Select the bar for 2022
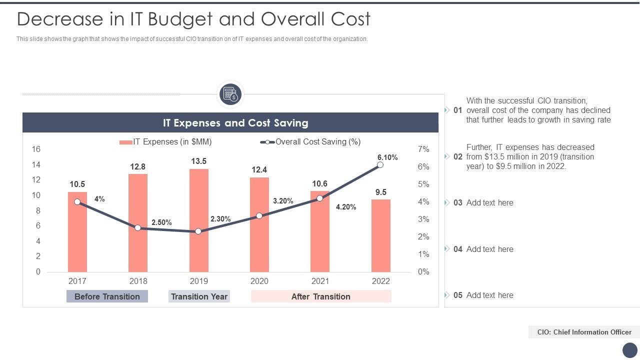point(380,240)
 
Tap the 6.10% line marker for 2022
point(380,164)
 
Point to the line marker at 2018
point(138,227)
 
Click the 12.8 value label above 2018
point(137,166)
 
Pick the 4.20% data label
point(346,207)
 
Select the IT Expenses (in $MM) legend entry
point(166,142)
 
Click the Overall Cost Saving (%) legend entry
point(310,142)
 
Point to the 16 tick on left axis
point(36,149)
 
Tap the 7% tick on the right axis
point(423,149)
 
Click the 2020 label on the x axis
point(259,281)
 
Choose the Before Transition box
point(107,296)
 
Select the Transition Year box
point(199,296)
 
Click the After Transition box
point(320,296)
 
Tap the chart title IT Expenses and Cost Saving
point(235,123)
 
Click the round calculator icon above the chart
point(230,94)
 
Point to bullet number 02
point(457,156)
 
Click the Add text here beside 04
point(489,249)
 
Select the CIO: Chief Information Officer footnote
point(584,332)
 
